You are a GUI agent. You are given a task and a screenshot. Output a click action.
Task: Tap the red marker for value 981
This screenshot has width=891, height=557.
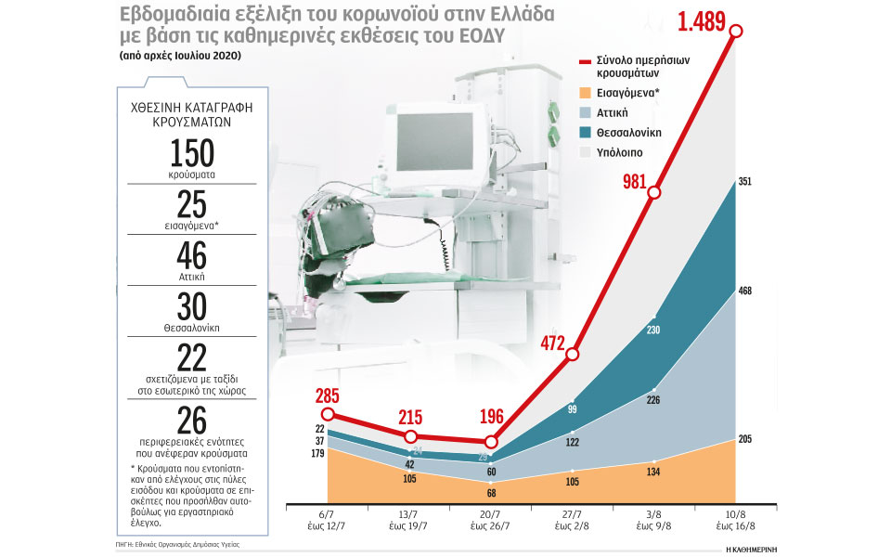click(x=655, y=192)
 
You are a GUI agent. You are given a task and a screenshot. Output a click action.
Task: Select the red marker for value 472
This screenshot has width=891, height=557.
click(x=573, y=354)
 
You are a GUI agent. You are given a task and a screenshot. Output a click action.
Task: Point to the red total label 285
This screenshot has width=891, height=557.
click(x=327, y=395)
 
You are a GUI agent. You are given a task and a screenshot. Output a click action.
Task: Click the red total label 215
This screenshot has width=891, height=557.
click(x=410, y=415)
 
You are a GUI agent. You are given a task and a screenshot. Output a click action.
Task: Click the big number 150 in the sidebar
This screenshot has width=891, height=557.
click(x=192, y=152)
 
